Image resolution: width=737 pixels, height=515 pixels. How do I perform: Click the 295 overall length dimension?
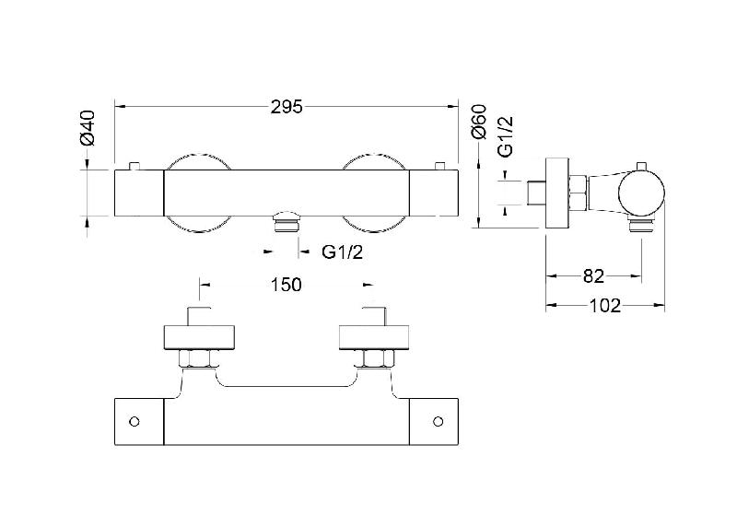tap(287, 107)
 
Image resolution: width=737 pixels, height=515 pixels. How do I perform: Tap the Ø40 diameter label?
tap(88, 127)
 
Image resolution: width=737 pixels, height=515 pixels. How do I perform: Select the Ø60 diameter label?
tap(478, 123)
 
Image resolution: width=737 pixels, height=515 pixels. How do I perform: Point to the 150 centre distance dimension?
tap(286, 285)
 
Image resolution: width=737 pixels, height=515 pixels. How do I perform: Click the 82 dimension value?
tap(593, 276)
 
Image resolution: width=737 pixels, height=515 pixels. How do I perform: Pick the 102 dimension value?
tap(605, 306)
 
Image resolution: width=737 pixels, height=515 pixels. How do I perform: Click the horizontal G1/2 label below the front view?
tap(342, 252)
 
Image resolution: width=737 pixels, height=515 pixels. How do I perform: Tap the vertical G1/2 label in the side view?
tap(506, 136)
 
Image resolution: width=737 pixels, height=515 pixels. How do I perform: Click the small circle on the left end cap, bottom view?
tap(135, 422)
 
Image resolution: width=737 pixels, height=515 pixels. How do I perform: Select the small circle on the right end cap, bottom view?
tap(439, 422)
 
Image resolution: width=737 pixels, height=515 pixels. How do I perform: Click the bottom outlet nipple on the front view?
tap(287, 221)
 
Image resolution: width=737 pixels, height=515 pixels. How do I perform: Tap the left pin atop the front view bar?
tap(135, 166)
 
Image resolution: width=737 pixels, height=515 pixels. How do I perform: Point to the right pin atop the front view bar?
tap(440, 166)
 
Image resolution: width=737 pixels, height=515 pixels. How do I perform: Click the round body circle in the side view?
tap(641, 195)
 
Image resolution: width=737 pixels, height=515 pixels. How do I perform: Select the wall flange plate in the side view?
tap(557, 193)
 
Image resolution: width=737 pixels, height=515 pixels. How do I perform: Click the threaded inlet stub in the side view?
tap(536, 193)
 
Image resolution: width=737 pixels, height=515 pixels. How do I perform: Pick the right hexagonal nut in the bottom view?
tap(378, 359)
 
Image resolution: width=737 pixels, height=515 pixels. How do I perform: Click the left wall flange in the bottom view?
tap(199, 338)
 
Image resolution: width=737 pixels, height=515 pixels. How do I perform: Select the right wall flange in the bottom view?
tap(374, 338)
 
